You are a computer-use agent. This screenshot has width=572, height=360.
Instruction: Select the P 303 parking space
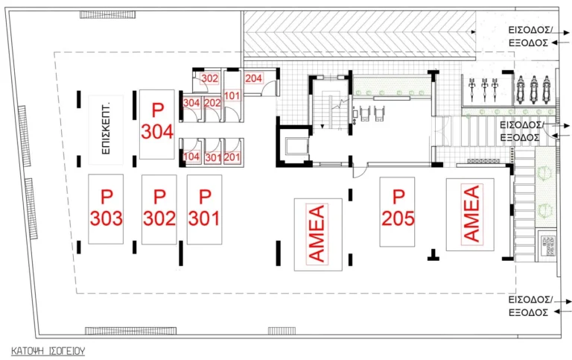(x=106, y=209)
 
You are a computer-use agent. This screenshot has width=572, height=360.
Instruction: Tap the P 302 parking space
(x=159, y=209)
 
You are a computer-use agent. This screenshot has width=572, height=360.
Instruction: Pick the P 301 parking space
(x=204, y=209)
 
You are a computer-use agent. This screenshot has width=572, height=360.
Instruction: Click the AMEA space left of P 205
(x=317, y=234)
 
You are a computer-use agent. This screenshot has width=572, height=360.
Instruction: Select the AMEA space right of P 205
(x=471, y=214)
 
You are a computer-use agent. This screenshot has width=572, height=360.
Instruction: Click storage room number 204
(x=253, y=78)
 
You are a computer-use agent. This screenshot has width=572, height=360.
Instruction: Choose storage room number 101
(x=232, y=95)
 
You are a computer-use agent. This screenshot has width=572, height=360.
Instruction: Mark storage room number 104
(x=192, y=157)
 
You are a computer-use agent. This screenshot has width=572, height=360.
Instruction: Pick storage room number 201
(x=232, y=157)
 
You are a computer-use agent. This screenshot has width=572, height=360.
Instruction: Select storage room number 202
(x=212, y=103)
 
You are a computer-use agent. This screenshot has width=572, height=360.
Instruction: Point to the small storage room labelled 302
(x=210, y=78)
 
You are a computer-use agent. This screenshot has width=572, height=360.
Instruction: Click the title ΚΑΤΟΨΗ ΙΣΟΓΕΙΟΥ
(x=48, y=349)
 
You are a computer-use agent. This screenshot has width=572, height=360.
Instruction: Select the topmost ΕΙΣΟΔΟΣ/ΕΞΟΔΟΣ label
(x=529, y=37)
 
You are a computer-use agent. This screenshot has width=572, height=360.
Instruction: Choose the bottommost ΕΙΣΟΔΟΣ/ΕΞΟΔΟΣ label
(x=529, y=306)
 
